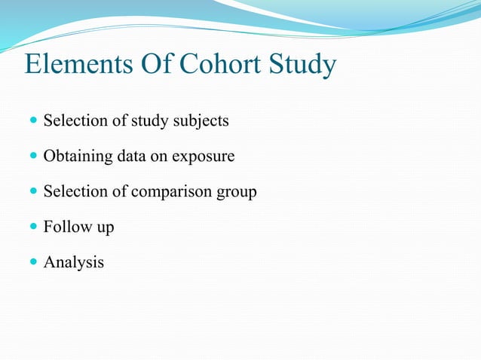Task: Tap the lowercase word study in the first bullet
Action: tap(152, 121)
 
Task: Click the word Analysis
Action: tap(74, 264)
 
